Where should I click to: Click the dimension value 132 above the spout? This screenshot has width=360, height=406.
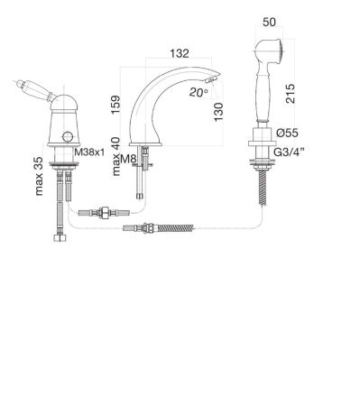[x=180, y=53]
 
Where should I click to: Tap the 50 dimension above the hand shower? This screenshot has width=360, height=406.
[x=269, y=23]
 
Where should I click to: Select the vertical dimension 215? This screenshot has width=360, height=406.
[x=291, y=94]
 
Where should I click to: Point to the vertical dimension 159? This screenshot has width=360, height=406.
[x=115, y=105]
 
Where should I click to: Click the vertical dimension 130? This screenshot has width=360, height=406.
[x=218, y=112]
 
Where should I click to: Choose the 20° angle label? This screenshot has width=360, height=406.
[x=198, y=92]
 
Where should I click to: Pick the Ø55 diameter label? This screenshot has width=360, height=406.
[x=287, y=133]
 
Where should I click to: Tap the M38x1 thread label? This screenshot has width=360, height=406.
[x=89, y=152]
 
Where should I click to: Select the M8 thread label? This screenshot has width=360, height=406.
[x=128, y=159]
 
